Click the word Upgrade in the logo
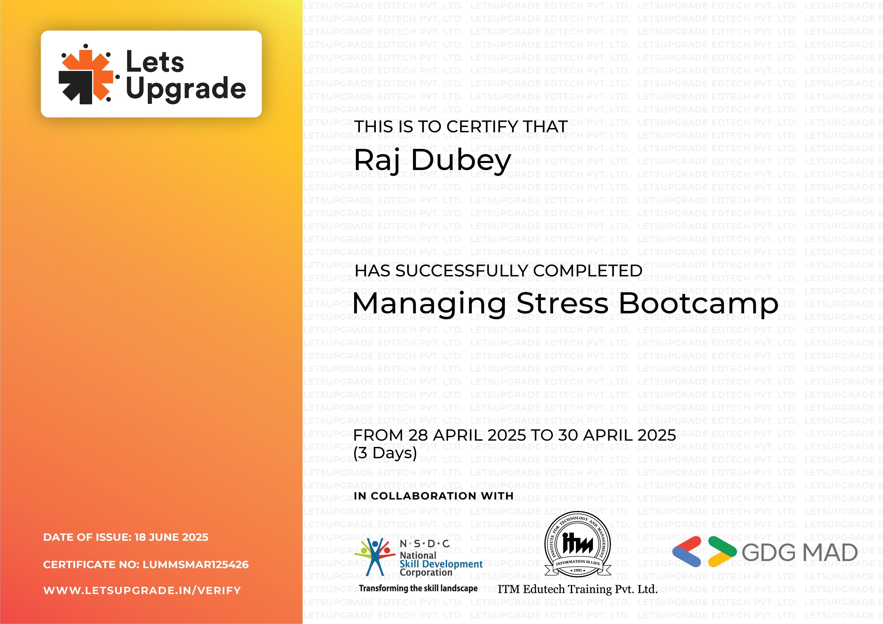point(186,88)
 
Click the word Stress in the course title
point(562,304)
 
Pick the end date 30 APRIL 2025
point(617,435)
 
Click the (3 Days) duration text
point(385,453)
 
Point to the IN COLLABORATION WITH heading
point(433,496)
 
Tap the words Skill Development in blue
point(441,564)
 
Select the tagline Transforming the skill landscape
point(418,588)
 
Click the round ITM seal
point(578,544)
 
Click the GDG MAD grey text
point(799,553)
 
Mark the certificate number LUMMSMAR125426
point(195,564)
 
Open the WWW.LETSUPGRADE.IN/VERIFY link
point(142,591)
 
